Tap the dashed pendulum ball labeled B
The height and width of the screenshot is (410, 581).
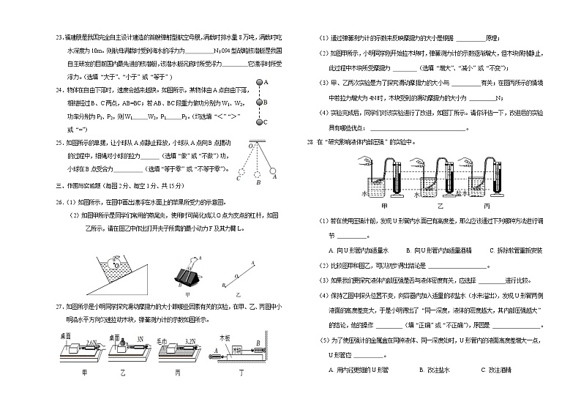click(x=258, y=175)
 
